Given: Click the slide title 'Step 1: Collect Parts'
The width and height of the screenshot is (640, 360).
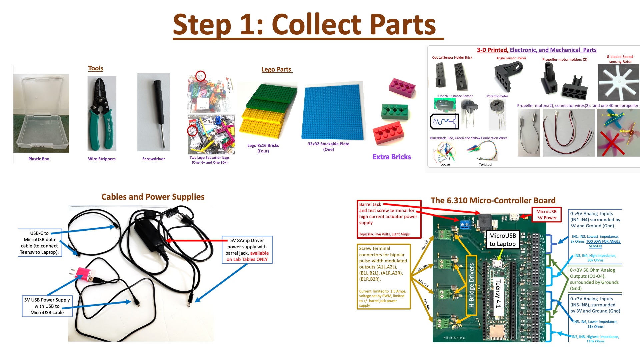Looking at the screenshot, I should pyautogui.click(x=304, y=25).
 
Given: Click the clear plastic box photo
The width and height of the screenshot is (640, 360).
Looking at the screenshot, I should pyautogui.click(x=41, y=113).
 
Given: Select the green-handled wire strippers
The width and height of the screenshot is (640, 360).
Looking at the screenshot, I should pyautogui.click(x=102, y=113).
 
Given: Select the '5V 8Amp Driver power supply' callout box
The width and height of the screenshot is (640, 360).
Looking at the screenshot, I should pyautogui.click(x=247, y=250).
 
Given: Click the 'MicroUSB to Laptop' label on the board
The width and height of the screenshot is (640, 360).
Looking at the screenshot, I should pyautogui.click(x=502, y=240).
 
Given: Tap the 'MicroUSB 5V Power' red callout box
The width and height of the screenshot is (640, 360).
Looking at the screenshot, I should pyautogui.click(x=547, y=215).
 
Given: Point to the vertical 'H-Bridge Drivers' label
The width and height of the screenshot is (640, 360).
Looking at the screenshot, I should pyautogui.click(x=471, y=285).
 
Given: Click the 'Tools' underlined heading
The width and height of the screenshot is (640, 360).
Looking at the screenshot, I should pyautogui.click(x=96, y=68).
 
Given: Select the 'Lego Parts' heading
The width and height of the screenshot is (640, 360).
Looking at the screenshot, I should pyautogui.click(x=277, y=69).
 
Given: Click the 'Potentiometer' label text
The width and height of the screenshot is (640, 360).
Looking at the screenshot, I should pyautogui.click(x=497, y=96).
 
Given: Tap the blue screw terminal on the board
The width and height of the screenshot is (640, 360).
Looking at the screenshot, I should pyautogui.click(x=464, y=225).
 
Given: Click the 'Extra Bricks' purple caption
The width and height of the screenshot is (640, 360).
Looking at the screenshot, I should pyautogui.click(x=392, y=157).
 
